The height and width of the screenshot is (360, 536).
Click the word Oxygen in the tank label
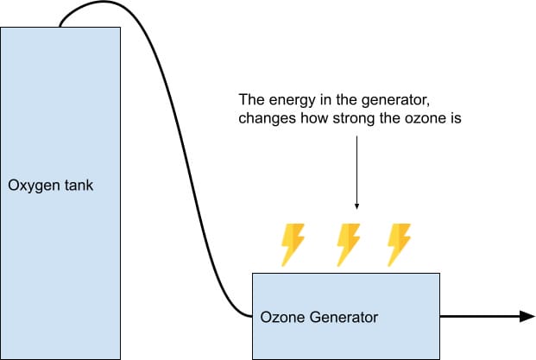pos(34,186)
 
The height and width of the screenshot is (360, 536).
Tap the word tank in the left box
pos(78,186)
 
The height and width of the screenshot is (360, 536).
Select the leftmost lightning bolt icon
pos(293,243)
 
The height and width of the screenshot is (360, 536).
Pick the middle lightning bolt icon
pos(348,243)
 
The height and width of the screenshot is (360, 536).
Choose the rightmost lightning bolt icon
pos(399,243)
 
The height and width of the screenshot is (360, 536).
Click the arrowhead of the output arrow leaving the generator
pos(527,316)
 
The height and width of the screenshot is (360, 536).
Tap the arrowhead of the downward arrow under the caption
pos(356,206)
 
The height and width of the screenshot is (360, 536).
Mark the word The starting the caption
pos(252,99)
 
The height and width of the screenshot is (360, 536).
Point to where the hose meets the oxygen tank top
pos(60,27)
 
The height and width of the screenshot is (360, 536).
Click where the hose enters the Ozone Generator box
pos(251,316)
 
